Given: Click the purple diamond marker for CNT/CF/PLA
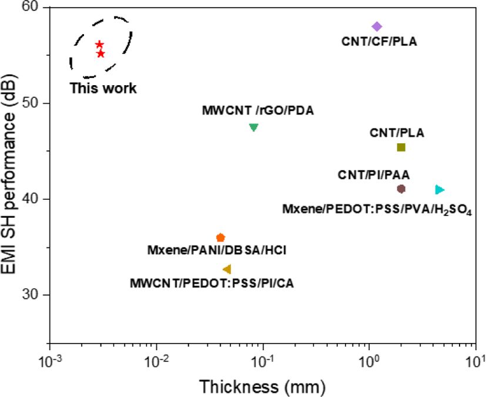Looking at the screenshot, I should [x=377, y=26].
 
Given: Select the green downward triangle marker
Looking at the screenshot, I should [x=254, y=127].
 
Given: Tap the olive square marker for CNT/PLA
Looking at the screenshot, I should [x=401, y=147].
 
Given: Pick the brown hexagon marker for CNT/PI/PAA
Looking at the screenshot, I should [x=401, y=189].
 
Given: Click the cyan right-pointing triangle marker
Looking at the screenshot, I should [x=440, y=190].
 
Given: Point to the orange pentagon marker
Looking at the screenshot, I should [x=220, y=237].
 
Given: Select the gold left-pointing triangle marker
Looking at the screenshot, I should [x=227, y=269].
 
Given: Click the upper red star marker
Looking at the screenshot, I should [x=99, y=45].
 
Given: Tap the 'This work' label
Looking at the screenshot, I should [x=103, y=89].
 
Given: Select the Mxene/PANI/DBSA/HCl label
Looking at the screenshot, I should [x=217, y=251].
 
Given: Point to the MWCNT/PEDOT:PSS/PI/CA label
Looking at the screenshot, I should [x=212, y=284].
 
